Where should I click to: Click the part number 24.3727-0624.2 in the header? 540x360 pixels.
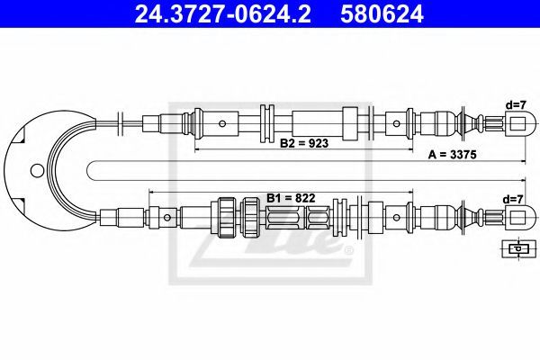pyautogui.click(x=222, y=13)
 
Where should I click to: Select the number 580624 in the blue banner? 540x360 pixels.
pyautogui.click(x=382, y=13)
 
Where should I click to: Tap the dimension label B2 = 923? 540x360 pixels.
pyautogui.click(x=304, y=142)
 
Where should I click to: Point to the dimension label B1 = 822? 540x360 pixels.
pyautogui.click(x=291, y=198)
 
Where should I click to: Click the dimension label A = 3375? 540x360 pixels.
pyautogui.click(x=452, y=155)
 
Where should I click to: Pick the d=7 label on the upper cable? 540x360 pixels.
pyautogui.click(x=515, y=105)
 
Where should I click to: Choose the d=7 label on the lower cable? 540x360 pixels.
pyautogui.click(x=513, y=199)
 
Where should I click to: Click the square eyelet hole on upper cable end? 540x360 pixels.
pyautogui.click(x=517, y=123)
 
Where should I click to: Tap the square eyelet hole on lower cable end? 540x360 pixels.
pyautogui.click(x=517, y=218)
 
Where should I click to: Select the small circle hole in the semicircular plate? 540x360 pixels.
pyautogui.click(x=37, y=170)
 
